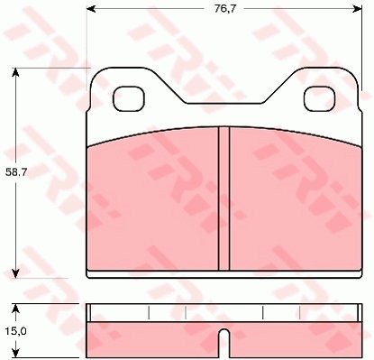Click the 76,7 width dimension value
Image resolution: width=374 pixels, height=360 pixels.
click(x=225, y=9)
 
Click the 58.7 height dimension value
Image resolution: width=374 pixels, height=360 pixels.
click(x=16, y=172)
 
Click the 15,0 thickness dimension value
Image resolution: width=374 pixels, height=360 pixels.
click(x=16, y=331)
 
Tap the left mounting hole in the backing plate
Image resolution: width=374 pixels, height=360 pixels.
click(x=129, y=98)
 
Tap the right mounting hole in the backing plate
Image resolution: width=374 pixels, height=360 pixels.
click(x=320, y=98)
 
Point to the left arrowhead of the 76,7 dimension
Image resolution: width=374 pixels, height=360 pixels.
click(x=91, y=9)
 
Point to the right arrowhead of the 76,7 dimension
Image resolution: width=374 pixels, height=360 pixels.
click(x=358, y=9)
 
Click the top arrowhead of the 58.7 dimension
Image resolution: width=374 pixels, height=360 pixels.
click(x=15, y=72)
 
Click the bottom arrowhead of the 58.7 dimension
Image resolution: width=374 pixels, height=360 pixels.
click(x=15, y=273)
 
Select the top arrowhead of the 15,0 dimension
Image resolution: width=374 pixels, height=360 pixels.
click(x=15, y=309)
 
